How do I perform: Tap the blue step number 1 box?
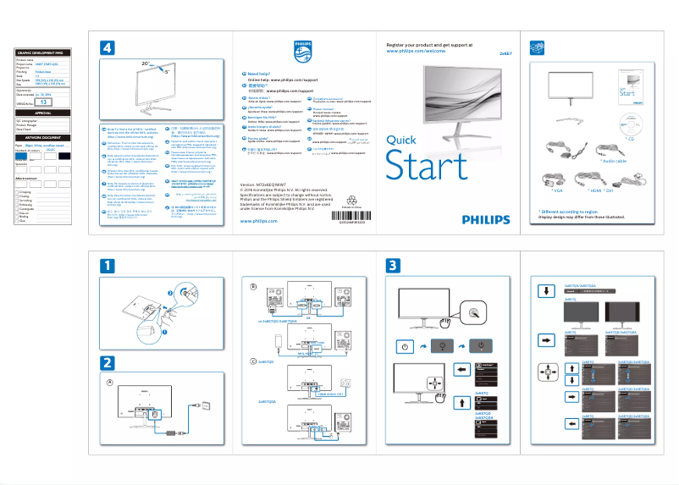(107, 266)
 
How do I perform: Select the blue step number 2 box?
(107, 362)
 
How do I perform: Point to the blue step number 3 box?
(392, 266)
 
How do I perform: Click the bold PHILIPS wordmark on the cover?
(486, 218)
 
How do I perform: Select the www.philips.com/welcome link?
(416, 51)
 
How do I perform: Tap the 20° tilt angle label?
(146, 63)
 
